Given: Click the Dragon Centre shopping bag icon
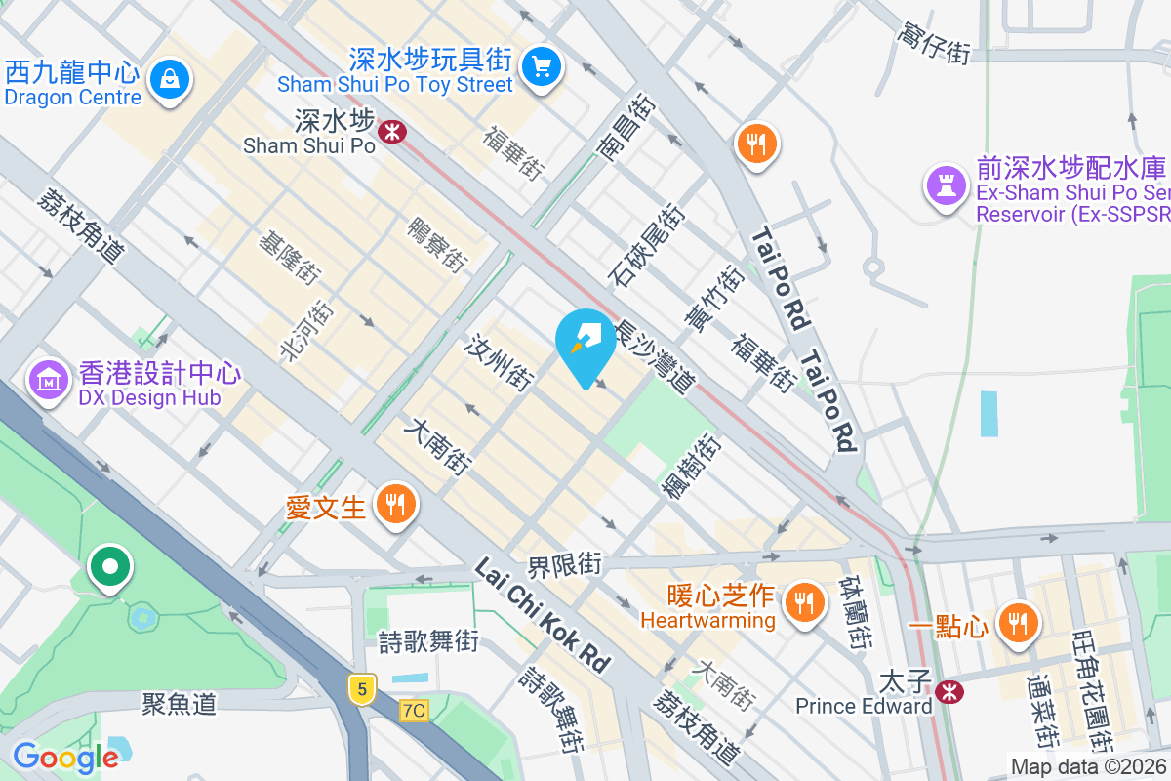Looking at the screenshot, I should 171,77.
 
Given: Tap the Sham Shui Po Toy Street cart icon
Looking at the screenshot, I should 540,66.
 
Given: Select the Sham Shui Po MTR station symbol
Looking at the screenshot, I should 392,130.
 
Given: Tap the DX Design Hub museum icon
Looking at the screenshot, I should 48,380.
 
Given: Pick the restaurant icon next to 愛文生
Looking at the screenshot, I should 395,505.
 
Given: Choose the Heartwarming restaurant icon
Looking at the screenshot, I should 804,600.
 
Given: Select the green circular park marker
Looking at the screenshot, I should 109,566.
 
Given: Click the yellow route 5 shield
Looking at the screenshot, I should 362,688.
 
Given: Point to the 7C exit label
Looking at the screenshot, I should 414,710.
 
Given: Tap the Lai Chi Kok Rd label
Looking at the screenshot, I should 543,614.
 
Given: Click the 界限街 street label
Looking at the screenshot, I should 565,564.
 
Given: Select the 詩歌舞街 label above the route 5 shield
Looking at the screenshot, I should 428,641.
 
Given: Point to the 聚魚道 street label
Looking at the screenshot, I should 179,703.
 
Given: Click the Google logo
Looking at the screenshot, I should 65,757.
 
